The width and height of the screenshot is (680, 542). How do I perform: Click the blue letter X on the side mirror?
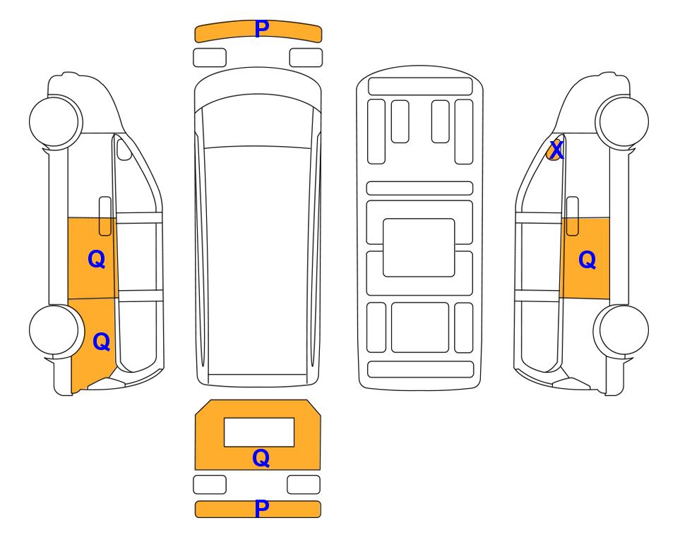point(556,150)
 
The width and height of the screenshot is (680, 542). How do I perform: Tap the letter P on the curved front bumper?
point(261,29)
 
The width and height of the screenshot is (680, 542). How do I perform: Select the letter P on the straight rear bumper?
point(261,509)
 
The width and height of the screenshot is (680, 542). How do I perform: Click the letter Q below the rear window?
point(261,458)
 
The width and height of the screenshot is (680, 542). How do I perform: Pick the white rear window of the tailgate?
point(259,433)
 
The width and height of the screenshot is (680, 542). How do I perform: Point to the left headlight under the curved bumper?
point(210,58)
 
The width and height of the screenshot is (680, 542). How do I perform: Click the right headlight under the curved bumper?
point(306,58)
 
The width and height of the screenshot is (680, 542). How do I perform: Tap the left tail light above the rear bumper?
point(210,484)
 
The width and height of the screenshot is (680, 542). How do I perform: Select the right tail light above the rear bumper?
point(304,484)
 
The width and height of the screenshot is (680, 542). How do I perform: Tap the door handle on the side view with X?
point(573,216)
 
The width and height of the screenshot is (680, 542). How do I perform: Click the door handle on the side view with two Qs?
point(105,216)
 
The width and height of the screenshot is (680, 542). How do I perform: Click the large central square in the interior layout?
point(419,248)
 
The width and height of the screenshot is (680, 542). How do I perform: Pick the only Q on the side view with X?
point(587,260)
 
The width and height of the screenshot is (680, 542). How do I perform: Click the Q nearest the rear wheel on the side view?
point(102,342)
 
